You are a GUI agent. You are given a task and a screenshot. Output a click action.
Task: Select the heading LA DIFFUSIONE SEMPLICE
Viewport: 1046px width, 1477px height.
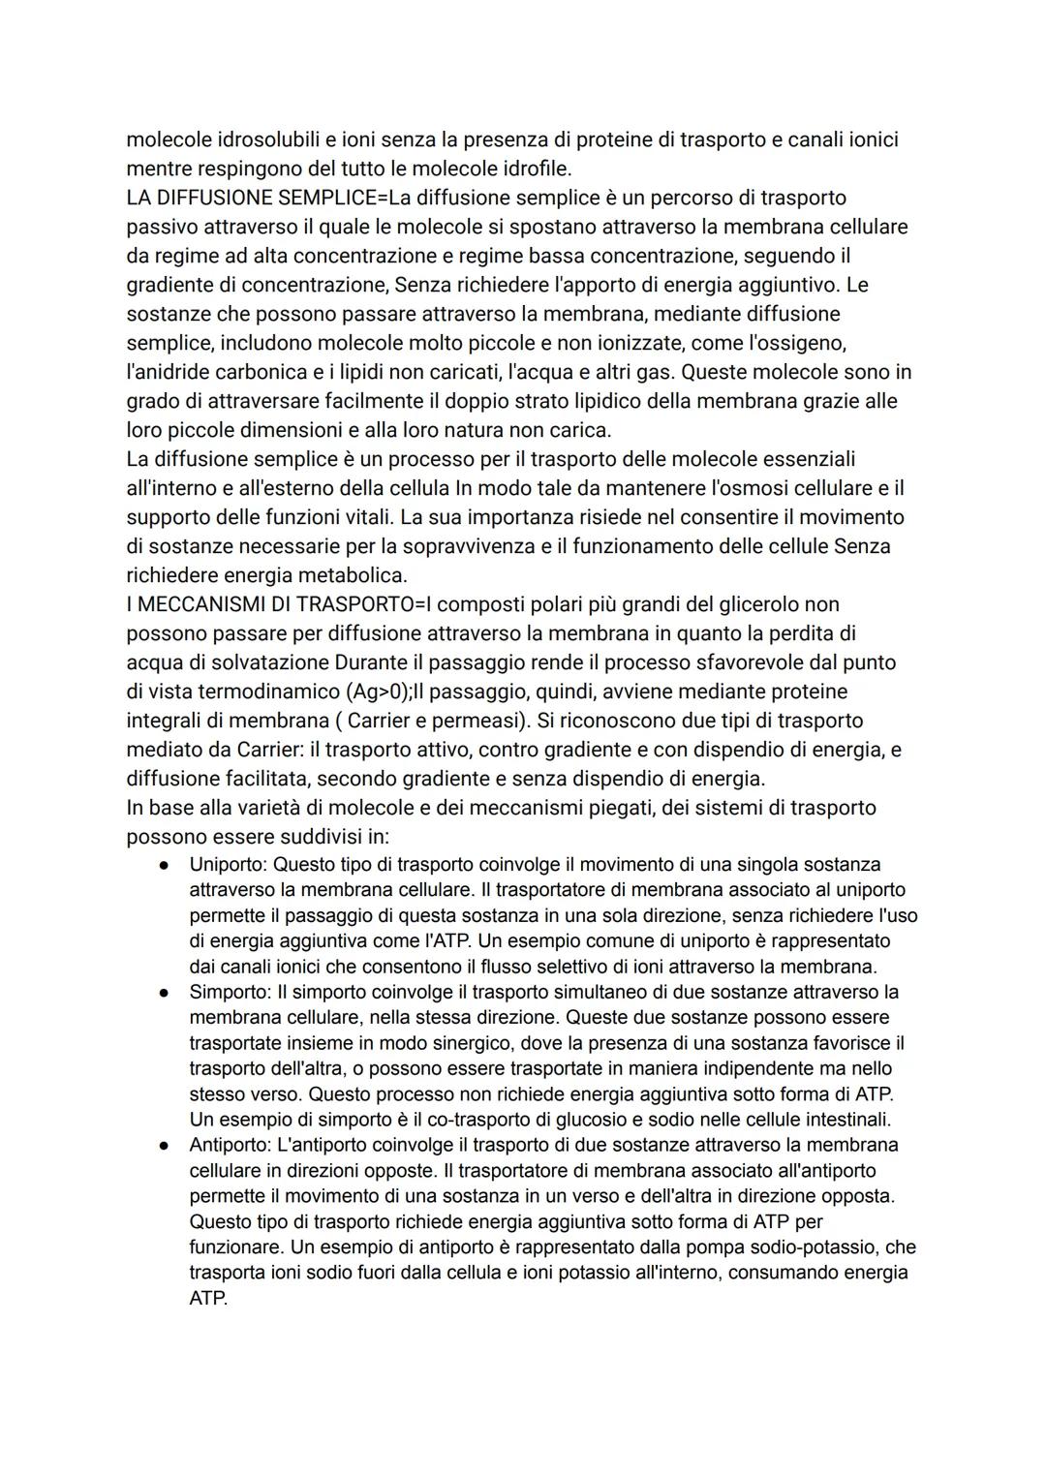click(251, 198)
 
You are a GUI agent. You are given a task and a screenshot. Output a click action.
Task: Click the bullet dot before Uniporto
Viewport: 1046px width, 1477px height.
click(166, 864)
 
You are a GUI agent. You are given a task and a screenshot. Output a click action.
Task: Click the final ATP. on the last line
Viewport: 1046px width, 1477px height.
click(208, 1298)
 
